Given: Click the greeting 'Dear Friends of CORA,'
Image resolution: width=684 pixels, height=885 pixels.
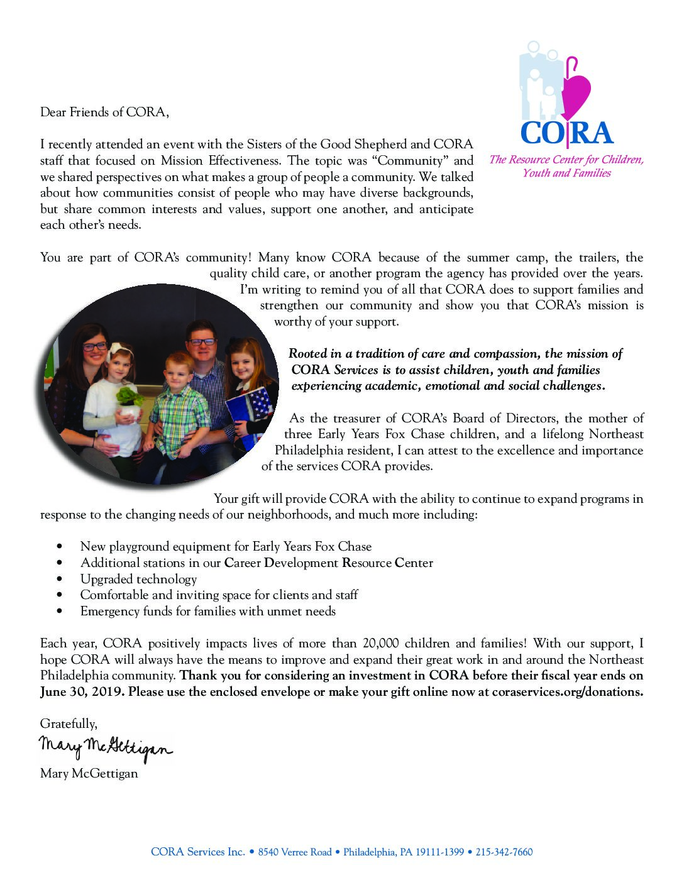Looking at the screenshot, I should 104,113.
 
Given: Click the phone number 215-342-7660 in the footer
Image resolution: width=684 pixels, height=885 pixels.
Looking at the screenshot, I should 504,852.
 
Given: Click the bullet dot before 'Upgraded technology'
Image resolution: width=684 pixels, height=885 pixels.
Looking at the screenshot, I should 59,579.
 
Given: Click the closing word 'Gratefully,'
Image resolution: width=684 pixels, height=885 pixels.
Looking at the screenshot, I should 69,723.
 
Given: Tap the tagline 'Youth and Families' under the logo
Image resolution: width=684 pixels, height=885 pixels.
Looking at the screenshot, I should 566,173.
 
